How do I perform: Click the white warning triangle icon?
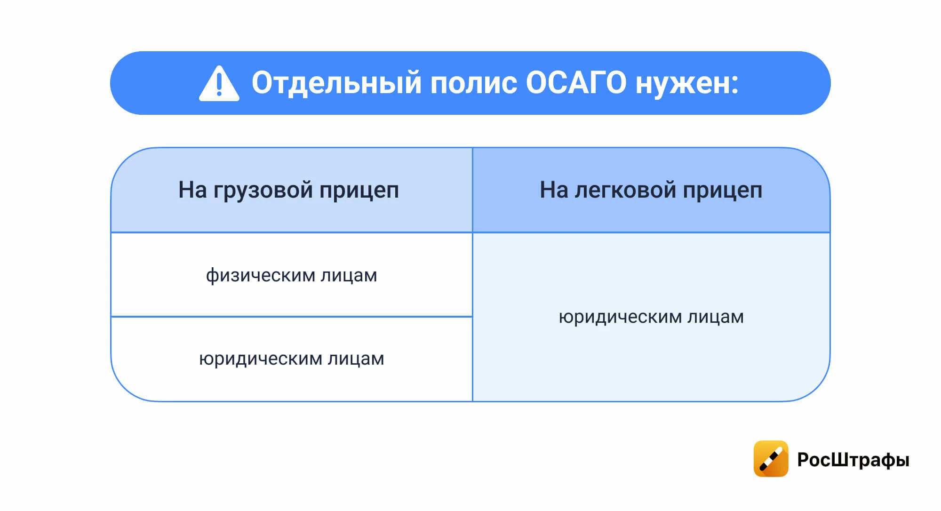click(x=219, y=85)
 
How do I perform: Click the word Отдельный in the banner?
click(x=336, y=83)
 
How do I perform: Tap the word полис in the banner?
click(x=473, y=83)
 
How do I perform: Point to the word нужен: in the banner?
click(x=686, y=83)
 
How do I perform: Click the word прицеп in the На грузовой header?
click(x=359, y=191)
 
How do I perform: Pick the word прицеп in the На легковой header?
click(x=722, y=191)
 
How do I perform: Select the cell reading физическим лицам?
click(x=291, y=275)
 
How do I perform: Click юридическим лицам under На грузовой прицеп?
click(x=291, y=359)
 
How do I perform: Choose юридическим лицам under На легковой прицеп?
click(x=651, y=317)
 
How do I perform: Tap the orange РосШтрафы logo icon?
click(x=771, y=459)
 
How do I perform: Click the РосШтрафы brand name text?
click(x=853, y=460)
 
